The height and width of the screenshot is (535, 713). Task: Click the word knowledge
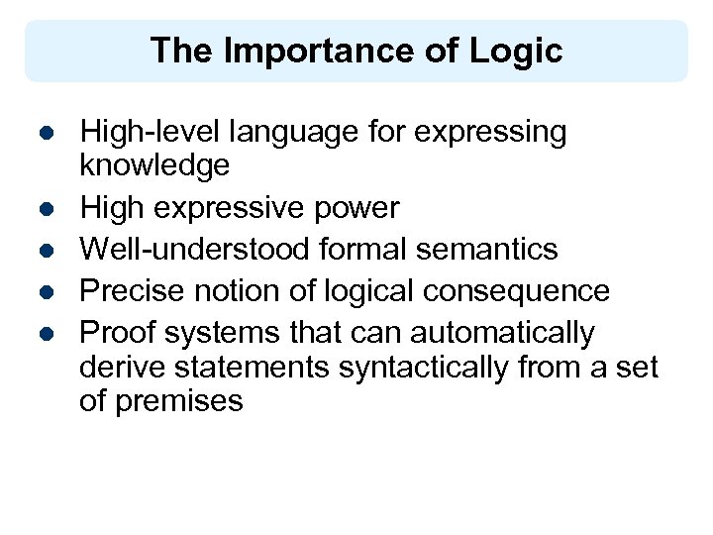pos(154,164)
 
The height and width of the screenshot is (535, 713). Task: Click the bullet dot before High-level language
pos(46,133)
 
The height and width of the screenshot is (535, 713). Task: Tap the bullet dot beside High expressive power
pos(46,208)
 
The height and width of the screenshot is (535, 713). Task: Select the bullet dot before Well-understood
pos(46,250)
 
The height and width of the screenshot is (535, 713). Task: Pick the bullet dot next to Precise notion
pos(46,291)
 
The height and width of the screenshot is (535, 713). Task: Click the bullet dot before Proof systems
pos(46,333)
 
